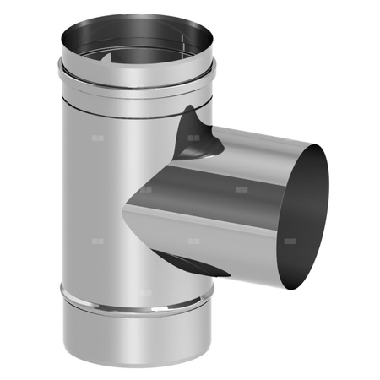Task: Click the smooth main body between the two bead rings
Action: click(93, 194)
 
